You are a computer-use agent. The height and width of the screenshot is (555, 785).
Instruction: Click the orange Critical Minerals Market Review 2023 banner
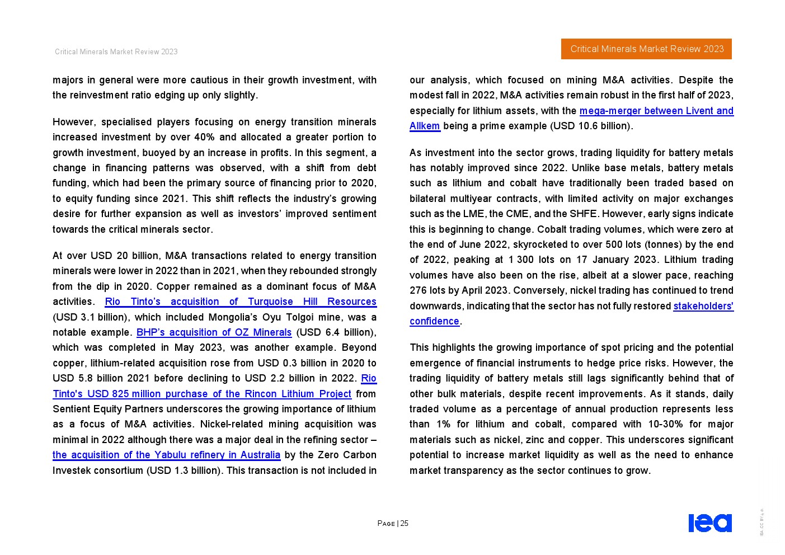pyautogui.click(x=646, y=49)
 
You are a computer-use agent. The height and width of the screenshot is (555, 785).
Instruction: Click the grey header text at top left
pyautogui.click(x=116, y=51)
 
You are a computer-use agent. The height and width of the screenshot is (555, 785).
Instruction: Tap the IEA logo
pyautogui.click(x=709, y=523)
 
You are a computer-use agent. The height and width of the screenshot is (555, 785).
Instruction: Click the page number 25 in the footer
pyautogui.click(x=404, y=523)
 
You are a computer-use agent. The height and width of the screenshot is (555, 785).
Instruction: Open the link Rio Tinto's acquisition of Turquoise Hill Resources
pyautogui.click(x=241, y=302)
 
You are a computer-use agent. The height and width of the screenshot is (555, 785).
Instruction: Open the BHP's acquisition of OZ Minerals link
pyautogui.click(x=214, y=332)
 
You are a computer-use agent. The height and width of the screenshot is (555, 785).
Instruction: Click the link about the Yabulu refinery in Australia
pyautogui.click(x=166, y=455)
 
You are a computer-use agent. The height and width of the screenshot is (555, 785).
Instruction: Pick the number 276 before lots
pyautogui.click(x=417, y=290)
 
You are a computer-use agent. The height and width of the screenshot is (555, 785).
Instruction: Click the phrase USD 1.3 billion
pyautogui.click(x=184, y=471)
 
